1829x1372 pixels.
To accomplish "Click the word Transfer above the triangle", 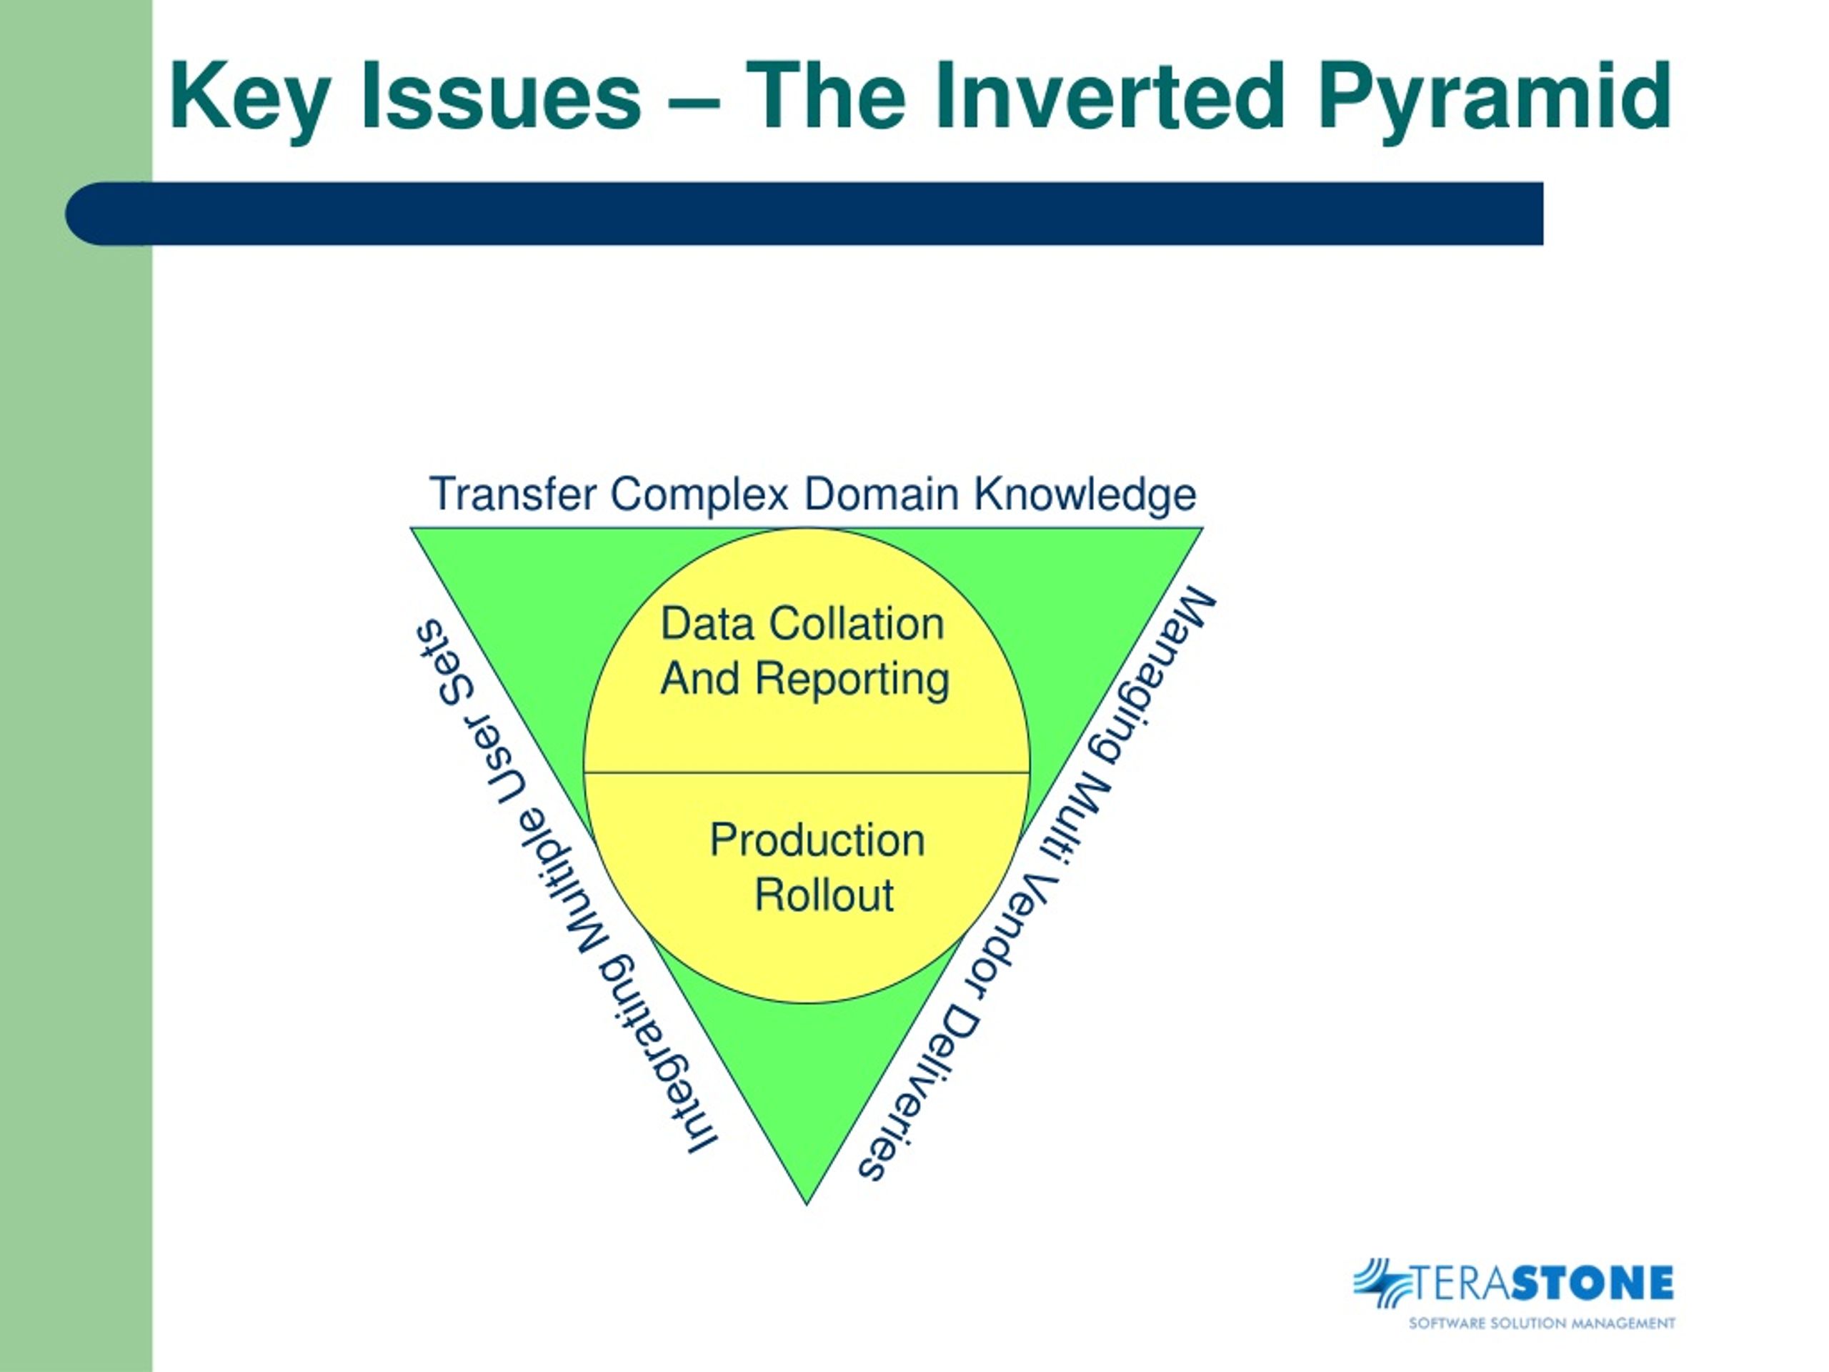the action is pos(513,494).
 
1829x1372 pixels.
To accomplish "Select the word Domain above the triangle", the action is pos(882,494).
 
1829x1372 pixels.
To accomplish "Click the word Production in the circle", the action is pos(817,840).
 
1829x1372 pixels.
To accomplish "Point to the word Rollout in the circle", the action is pos(824,895).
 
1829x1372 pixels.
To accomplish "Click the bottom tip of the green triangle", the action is pos(806,1204).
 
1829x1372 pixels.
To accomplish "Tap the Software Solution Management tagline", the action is pos(1542,1323).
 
